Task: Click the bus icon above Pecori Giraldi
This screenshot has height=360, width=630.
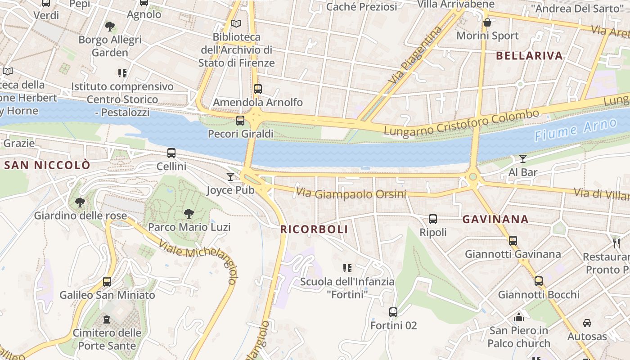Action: point(240,121)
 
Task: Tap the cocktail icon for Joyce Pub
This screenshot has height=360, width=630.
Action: point(230,177)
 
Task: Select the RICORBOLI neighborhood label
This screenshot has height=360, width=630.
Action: point(314,229)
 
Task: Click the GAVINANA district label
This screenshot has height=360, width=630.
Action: point(495,220)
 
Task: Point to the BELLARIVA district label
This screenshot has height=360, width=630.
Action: point(529,56)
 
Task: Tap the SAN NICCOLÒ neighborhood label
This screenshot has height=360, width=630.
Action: point(47,165)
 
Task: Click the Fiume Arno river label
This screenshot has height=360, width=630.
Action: point(576,130)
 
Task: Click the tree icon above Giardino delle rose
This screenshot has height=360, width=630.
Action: point(80,202)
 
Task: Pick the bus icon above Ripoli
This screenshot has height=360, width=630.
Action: point(433,219)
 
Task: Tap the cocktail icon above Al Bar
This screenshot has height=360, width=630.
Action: point(522,159)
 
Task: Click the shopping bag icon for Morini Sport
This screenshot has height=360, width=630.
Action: point(487,22)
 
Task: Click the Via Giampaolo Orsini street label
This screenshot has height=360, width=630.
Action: point(351,194)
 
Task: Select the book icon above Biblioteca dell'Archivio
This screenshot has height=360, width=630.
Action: point(236,23)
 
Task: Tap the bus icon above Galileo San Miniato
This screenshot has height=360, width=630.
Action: point(107,282)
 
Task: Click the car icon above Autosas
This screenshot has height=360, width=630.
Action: point(587,323)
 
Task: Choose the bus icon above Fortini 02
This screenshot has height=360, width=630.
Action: point(393,312)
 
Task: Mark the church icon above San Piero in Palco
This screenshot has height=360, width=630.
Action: point(519,317)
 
